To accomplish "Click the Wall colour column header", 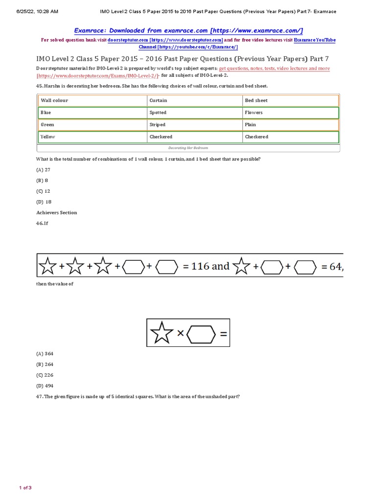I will point(54,100).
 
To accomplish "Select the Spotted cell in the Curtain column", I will point(158,113).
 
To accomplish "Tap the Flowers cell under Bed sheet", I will point(254,113).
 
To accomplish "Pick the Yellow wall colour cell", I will point(48,137).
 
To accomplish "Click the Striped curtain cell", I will point(157,125).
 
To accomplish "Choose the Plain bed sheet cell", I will point(250,125).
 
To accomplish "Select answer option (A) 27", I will point(44,170).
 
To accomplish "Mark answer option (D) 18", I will point(44,202).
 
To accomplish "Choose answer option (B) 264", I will point(45,364).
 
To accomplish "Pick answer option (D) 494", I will point(45,386).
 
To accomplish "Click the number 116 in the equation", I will point(200,267).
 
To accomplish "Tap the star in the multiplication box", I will point(161,334).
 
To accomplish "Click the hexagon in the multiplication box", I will point(201,334).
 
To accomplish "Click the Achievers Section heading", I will point(56,213).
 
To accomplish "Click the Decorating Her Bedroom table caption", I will point(188,147).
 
